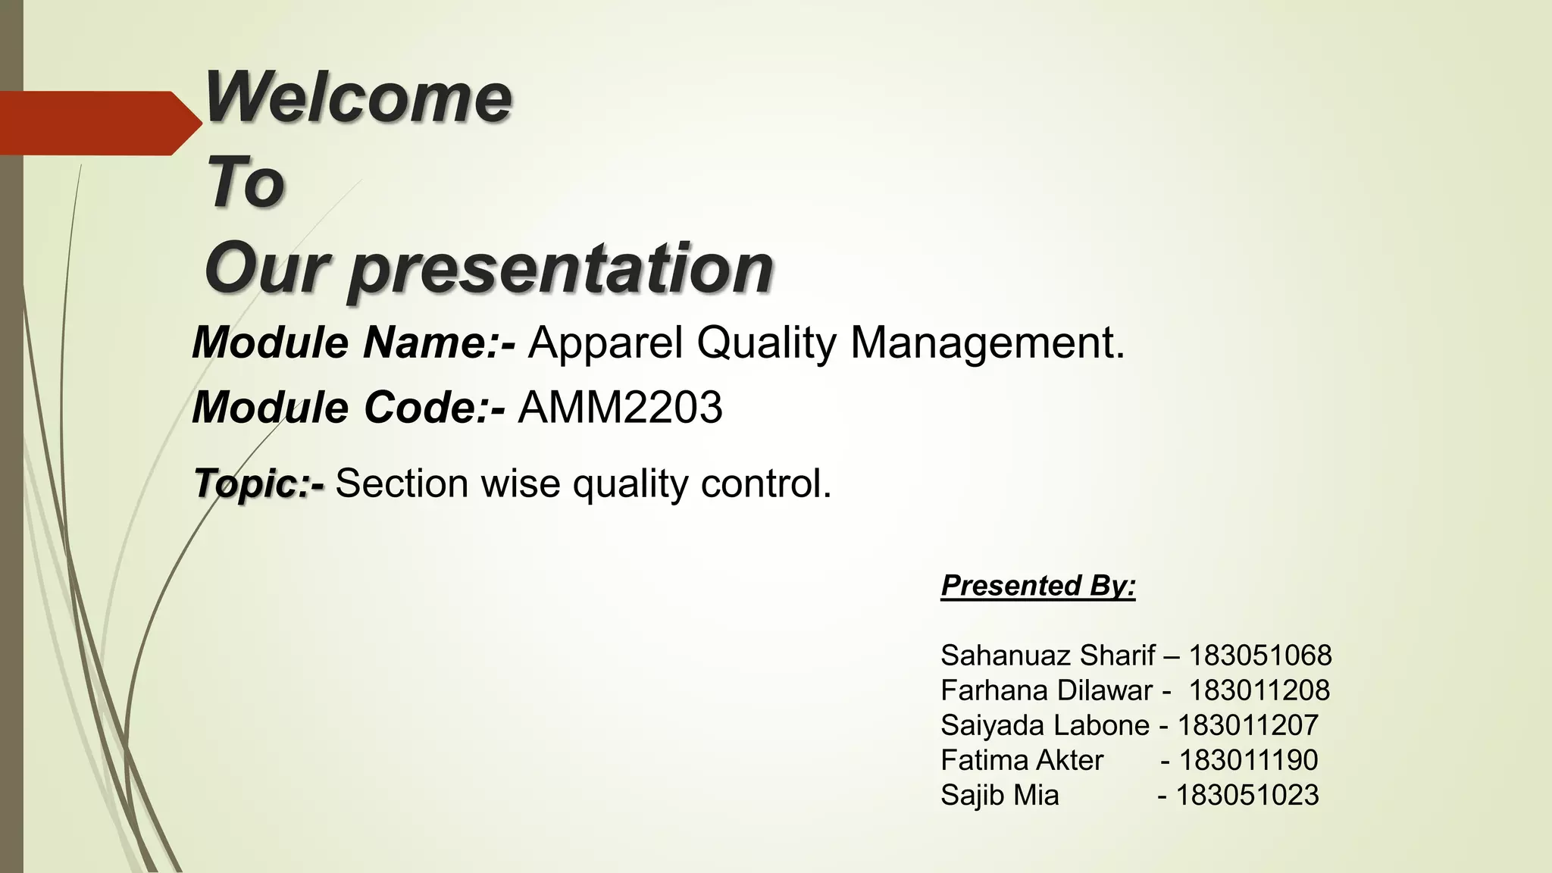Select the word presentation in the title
pos(561,269)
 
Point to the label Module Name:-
pos(353,343)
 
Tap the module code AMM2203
pos(620,408)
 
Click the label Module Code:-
pos(348,408)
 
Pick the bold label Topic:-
pos(258,483)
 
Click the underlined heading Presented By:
pos(1037,586)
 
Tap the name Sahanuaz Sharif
pos(1047,656)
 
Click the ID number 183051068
pos(1259,656)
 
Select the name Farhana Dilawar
pos(1046,690)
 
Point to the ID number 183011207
pos(1247,725)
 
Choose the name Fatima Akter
pos(1022,760)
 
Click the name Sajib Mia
pos(999,795)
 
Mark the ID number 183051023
pos(1247,795)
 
